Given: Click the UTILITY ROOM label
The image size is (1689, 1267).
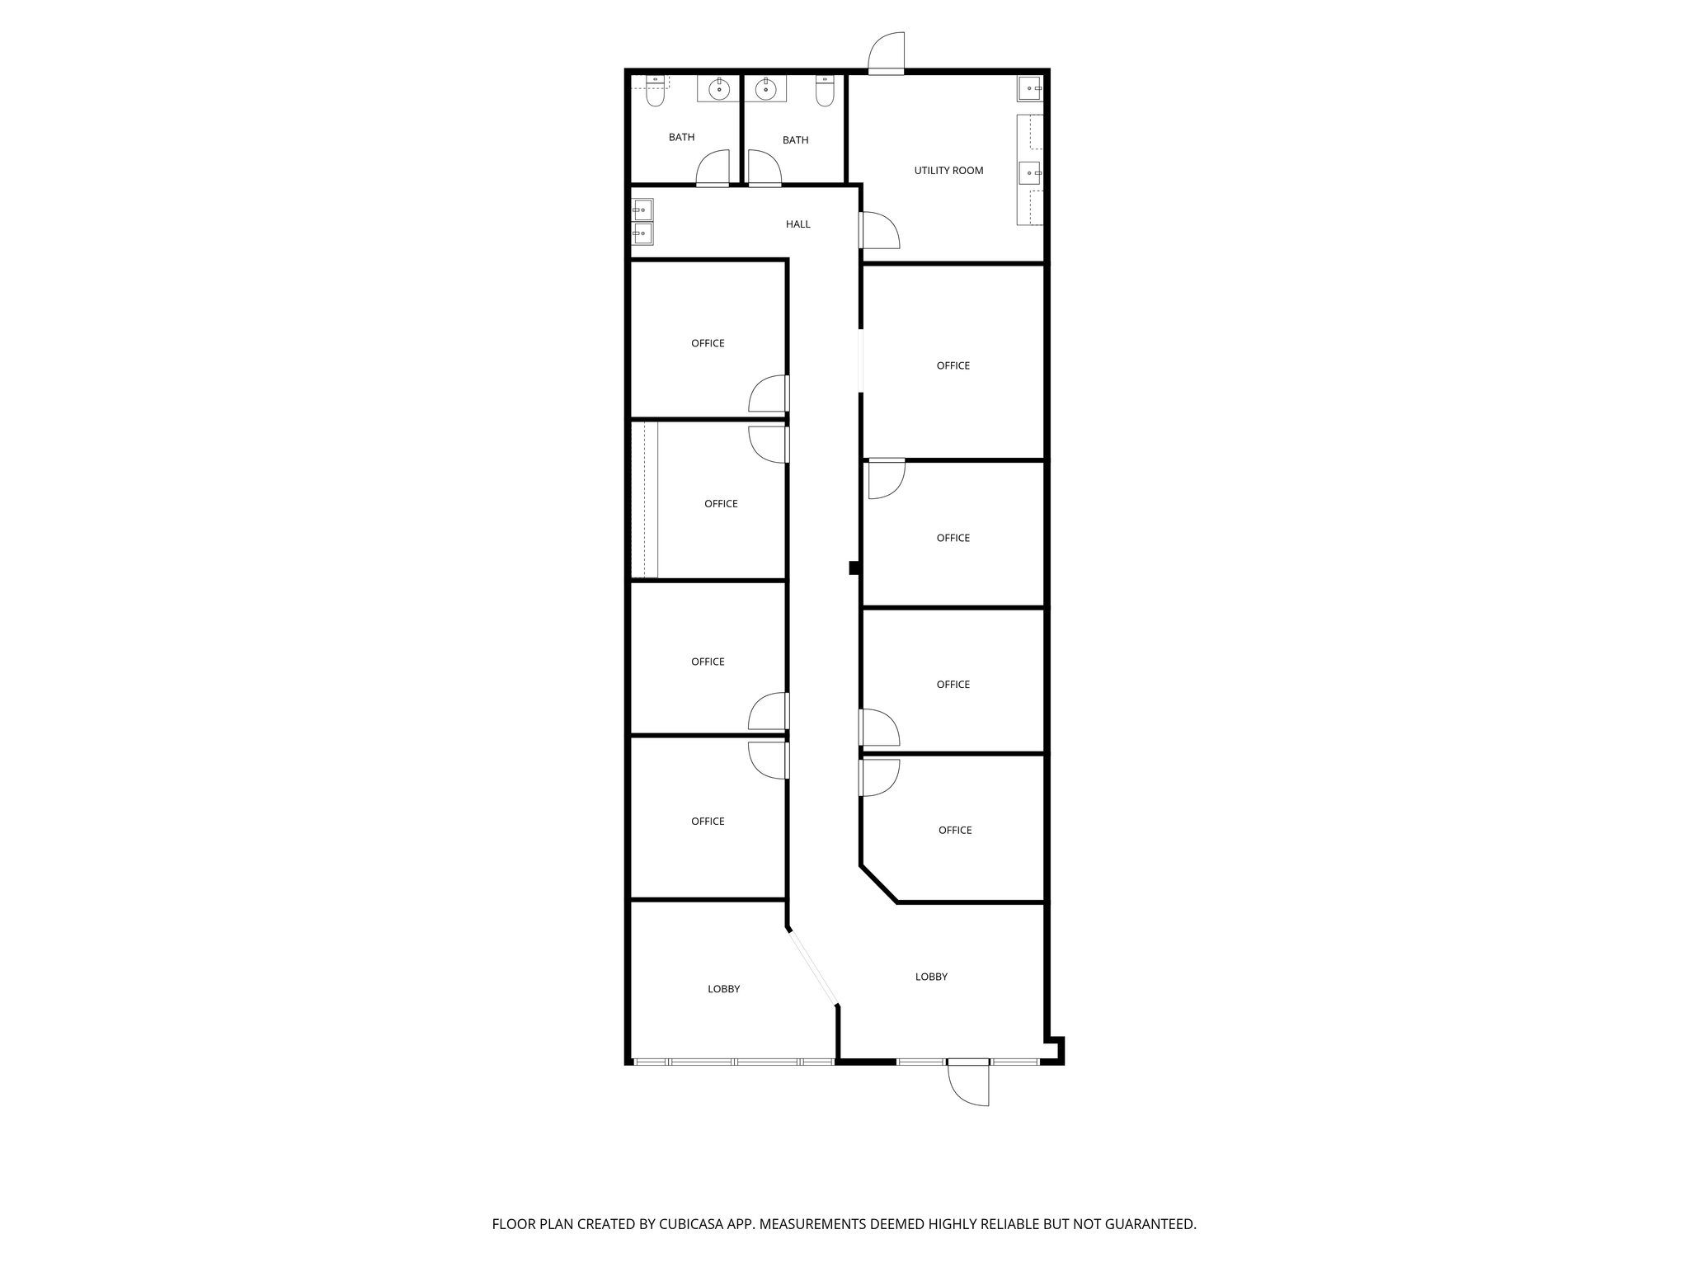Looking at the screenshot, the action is point(948,171).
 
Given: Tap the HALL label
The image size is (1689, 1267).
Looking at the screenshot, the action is point(797,224).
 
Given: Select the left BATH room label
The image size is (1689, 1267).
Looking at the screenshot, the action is point(681,138).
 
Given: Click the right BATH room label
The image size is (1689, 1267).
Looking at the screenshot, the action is point(795,140).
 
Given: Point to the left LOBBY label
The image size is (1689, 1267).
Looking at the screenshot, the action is point(723,989).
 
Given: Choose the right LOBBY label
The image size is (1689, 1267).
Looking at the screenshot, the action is point(931,977).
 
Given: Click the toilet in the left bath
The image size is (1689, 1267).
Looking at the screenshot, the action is point(656,91).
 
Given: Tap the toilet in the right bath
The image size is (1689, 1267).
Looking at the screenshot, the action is point(826,91).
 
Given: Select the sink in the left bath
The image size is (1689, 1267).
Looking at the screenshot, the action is point(719,88).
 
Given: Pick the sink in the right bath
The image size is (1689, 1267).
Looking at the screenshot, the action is point(766,88).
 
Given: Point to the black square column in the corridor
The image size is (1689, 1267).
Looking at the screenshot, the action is point(855,568).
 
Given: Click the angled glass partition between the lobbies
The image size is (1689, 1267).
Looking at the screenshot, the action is point(813,968).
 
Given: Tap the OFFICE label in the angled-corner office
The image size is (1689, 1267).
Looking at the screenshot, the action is point(955,831).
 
